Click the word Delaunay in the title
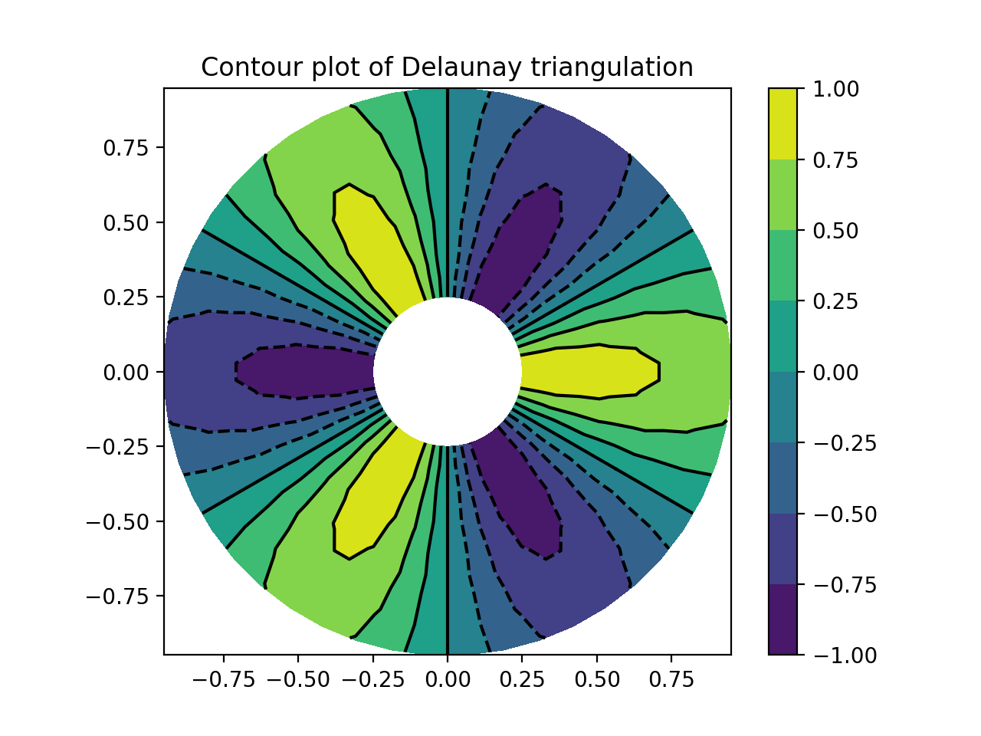461,68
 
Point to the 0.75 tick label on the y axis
128,147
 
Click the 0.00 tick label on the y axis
128,372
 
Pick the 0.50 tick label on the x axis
597,679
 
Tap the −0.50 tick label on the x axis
297,679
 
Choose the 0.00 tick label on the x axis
448,679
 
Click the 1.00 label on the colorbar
837,89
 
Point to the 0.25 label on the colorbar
837,301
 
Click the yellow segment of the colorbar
783,123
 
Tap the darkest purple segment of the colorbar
783,619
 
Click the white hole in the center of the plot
448,372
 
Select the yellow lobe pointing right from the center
590,371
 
